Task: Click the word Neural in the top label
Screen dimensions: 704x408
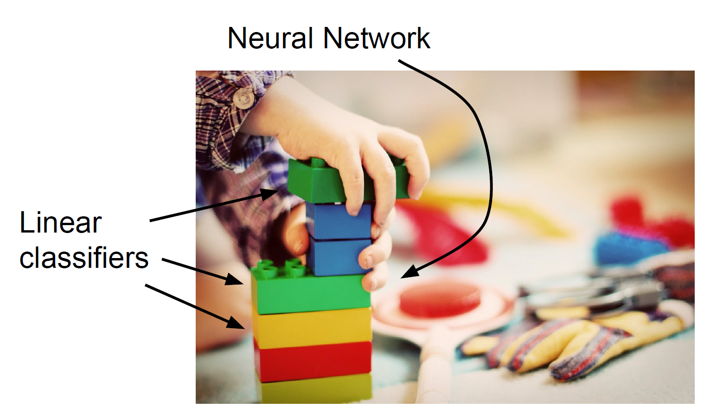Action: [270, 38]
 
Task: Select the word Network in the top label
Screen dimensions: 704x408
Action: [377, 38]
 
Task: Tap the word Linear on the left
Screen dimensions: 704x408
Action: [60, 223]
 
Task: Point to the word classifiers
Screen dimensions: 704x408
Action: [83, 258]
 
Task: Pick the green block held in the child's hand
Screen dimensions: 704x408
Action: [315, 181]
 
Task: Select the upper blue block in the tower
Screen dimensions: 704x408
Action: [339, 221]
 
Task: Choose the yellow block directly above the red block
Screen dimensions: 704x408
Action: [312, 328]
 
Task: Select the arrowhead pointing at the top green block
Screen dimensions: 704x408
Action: [271, 193]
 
